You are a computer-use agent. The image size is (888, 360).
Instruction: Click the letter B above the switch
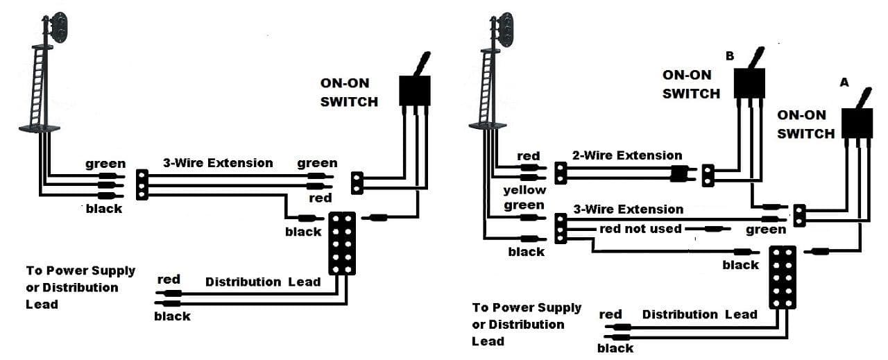point(729,56)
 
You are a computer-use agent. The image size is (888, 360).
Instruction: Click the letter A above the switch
point(844,82)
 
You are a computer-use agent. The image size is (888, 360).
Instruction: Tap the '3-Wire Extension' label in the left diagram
point(218,162)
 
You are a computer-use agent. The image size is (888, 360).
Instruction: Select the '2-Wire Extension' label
point(627,155)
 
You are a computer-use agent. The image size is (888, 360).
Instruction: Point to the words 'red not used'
point(640,229)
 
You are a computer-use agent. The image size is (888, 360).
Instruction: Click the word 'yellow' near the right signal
point(524,190)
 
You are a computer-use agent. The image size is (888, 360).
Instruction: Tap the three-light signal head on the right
point(506,30)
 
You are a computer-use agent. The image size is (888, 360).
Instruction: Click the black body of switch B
point(749,83)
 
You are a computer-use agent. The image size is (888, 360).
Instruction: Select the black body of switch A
point(857,123)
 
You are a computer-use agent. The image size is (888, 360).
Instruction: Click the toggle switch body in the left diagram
point(415,91)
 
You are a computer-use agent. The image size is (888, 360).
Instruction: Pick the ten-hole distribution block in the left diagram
point(342,243)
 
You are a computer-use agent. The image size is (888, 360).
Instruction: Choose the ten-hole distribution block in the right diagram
point(783,277)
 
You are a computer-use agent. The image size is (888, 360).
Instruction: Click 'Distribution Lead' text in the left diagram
point(263,282)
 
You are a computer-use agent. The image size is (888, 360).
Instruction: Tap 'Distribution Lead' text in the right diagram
point(700,314)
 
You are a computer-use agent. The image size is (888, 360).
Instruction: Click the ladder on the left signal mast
point(38,85)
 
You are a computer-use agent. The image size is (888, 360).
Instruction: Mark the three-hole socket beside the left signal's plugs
point(142,185)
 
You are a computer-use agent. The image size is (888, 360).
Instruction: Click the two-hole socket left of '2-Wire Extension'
point(560,173)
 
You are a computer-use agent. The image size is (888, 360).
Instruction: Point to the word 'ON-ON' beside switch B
point(687,75)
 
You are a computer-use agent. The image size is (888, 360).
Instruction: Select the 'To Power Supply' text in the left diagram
point(80,271)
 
